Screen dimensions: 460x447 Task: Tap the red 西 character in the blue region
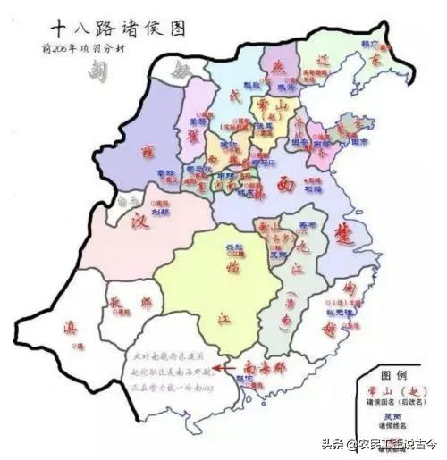pos(284,184)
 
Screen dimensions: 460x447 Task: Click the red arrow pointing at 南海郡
pos(227,365)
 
